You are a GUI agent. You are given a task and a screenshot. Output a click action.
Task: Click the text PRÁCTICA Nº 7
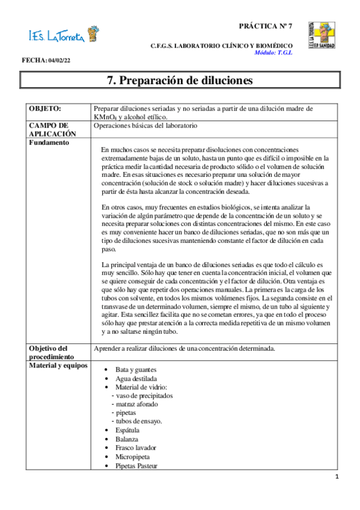266,26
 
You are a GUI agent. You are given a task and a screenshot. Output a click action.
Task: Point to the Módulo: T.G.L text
273,53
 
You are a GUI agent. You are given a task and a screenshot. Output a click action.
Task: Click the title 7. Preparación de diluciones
180,80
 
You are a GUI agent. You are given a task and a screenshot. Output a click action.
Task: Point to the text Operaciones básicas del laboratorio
145,126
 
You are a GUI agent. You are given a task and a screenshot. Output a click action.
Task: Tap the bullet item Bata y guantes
138,369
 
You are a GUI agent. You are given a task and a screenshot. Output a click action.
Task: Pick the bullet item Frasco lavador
136,448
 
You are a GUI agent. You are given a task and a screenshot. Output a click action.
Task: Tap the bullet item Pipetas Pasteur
138,465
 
